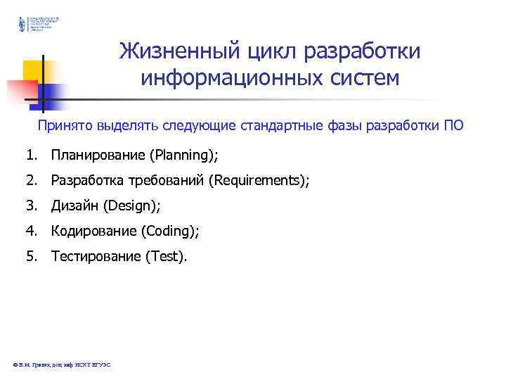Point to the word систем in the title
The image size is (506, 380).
coord(358,77)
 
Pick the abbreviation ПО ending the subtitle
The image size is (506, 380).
coord(454,127)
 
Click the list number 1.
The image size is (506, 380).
coord(31,154)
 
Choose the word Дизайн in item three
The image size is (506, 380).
coord(74,205)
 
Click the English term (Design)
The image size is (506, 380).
coord(132,205)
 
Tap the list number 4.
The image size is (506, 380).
coord(31,231)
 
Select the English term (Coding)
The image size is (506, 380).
coord(170,231)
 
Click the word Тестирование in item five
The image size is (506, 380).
coord(96,256)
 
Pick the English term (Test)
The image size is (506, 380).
coord(167,256)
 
